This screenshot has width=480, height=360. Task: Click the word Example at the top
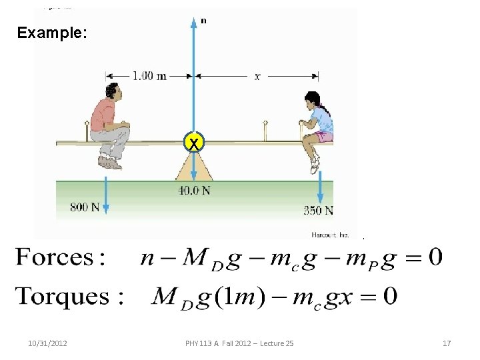click(51, 32)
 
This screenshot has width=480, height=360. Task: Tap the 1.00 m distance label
click(149, 76)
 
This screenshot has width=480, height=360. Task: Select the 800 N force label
click(85, 207)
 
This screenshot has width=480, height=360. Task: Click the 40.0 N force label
click(194, 191)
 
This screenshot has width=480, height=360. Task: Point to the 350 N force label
click(319, 211)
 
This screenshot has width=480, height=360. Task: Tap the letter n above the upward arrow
click(203, 21)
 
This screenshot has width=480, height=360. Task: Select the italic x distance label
click(257, 77)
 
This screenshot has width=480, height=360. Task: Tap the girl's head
click(312, 100)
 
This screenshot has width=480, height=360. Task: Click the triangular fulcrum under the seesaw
click(193, 167)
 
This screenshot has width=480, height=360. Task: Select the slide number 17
click(447, 343)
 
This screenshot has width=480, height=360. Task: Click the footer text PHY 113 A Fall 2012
click(239, 343)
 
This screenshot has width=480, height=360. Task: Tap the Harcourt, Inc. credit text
click(330, 234)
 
